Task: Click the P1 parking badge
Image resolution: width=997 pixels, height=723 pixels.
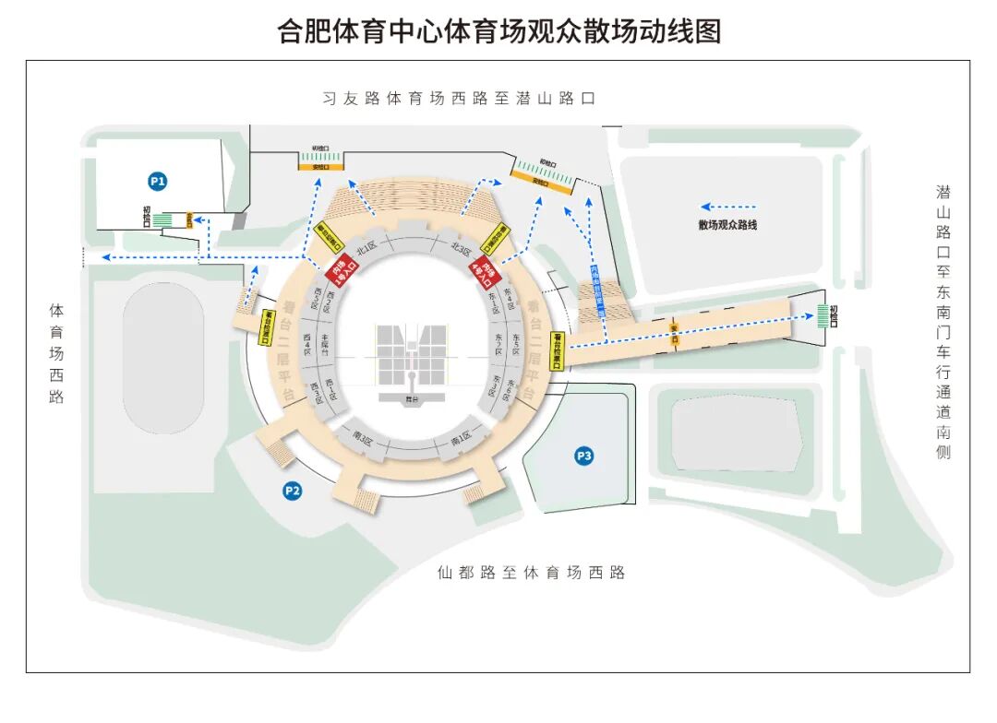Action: coord(158,182)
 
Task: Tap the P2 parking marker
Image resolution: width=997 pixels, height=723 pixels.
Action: coord(292,491)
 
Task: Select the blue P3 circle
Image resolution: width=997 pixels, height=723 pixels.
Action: coord(583,455)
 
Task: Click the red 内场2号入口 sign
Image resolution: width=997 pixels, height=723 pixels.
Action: coord(340,273)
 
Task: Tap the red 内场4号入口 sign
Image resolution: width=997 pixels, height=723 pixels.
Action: coord(483,273)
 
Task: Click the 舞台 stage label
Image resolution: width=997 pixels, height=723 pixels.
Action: coord(412,399)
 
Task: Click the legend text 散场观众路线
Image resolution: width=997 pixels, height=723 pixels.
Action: coord(727,224)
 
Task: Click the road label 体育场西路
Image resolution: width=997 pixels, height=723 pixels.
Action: coord(56,353)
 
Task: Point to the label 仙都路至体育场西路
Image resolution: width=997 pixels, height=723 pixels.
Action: coord(531,573)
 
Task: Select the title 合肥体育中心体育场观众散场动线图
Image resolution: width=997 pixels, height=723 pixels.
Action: coord(498,30)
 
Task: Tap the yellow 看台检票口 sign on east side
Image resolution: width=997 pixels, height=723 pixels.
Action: coord(557,350)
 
